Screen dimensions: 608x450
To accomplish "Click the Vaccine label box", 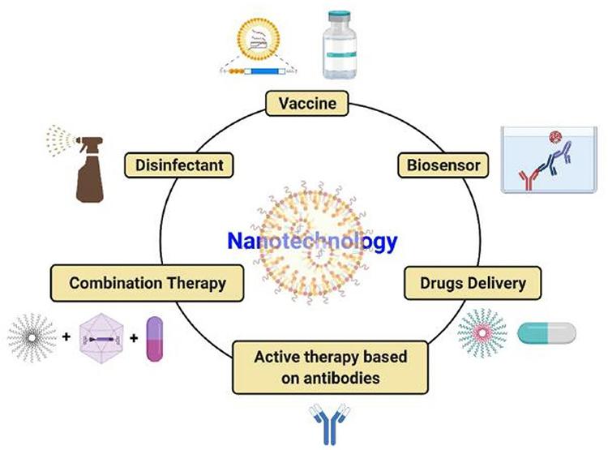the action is point(307,103).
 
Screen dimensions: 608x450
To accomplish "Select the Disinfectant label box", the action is point(179,165).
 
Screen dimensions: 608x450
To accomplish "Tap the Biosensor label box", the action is point(443,165).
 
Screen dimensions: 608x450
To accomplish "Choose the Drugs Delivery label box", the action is point(473,283).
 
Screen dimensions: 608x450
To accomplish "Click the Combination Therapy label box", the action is point(148,283).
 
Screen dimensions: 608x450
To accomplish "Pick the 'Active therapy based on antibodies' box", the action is point(331,367).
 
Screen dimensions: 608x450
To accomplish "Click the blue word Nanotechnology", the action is point(312,241).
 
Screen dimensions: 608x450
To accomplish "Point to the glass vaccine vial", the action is point(340,45).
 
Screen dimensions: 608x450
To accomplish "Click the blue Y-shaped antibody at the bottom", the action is point(330,423).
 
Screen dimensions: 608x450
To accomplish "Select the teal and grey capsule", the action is point(546,333).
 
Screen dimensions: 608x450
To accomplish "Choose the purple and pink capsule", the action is point(154,339).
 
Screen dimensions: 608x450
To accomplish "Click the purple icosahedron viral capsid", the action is point(101,339).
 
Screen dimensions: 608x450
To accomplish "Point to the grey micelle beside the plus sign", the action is point(32,338).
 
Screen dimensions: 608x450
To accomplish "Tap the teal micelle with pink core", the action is point(482,332).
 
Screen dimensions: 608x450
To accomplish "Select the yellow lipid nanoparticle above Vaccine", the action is point(259,39).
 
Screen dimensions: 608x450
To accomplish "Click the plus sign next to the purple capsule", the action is point(134,338).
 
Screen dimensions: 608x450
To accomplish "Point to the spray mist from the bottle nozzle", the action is point(59,140).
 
